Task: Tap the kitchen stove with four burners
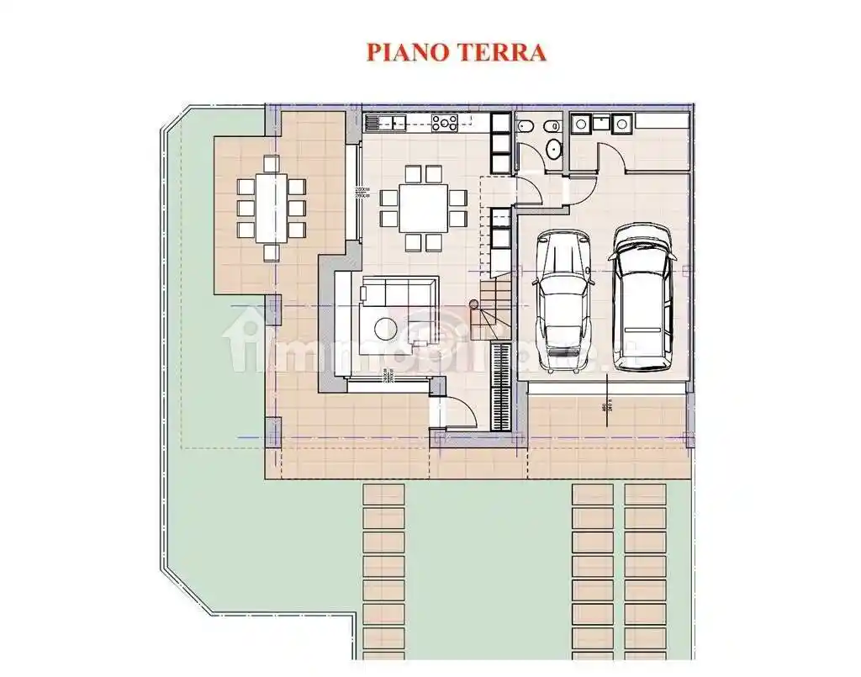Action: coord(445,124)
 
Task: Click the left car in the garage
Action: coord(562,300)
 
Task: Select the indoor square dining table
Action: coord(423,208)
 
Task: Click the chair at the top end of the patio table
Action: coord(271,163)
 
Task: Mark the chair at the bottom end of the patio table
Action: coord(271,251)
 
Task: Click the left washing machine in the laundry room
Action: coord(580,124)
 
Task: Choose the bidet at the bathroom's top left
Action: coord(525,126)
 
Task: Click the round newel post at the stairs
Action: coord(475,304)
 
